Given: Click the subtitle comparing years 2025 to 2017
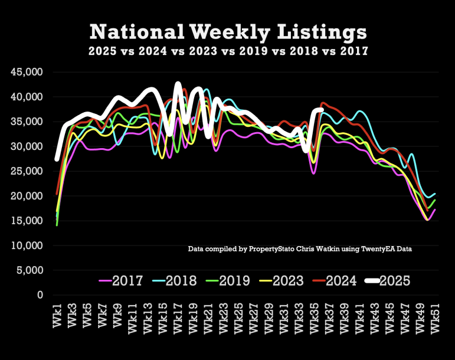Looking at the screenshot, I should [x=228, y=51].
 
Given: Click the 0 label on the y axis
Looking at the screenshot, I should [x=40, y=295].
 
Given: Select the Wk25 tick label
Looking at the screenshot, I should [x=240, y=317].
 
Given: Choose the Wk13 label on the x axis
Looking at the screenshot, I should [x=149, y=317].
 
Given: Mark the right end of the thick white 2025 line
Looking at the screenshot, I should [x=321, y=110].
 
